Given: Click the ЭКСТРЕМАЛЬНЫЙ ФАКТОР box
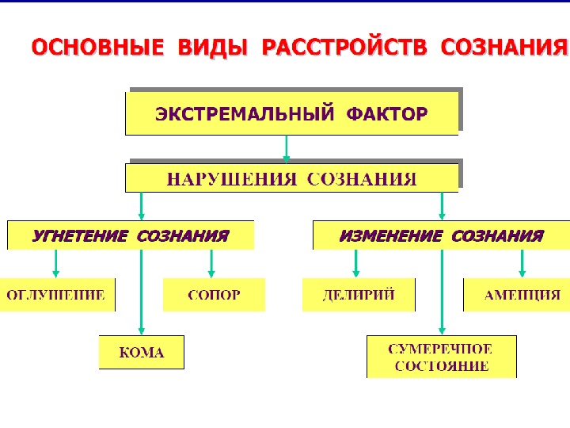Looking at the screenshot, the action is pyautogui.click(x=291, y=113).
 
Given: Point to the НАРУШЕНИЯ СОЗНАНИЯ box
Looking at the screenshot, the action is pyautogui.click(x=291, y=178).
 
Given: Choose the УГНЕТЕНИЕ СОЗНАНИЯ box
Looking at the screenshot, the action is pyautogui.click(x=131, y=235).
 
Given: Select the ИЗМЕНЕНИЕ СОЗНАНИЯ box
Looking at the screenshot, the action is pyautogui.click(x=441, y=235).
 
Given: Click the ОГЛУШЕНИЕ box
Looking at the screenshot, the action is pyautogui.click(x=56, y=295).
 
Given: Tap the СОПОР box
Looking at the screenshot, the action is pyautogui.click(x=214, y=295).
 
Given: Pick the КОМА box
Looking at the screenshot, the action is pyautogui.click(x=141, y=352).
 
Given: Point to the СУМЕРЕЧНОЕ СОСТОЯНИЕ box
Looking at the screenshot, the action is pyautogui.click(x=441, y=356).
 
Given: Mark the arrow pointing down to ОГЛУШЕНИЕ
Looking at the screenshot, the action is pyautogui.click(x=56, y=264).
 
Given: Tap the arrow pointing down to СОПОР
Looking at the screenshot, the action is pyautogui.click(x=211, y=264).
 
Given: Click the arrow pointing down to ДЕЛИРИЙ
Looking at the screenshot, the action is pyautogui.click(x=355, y=264).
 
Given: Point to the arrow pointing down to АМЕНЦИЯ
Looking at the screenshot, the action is pyautogui.click(x=522, y=264).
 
